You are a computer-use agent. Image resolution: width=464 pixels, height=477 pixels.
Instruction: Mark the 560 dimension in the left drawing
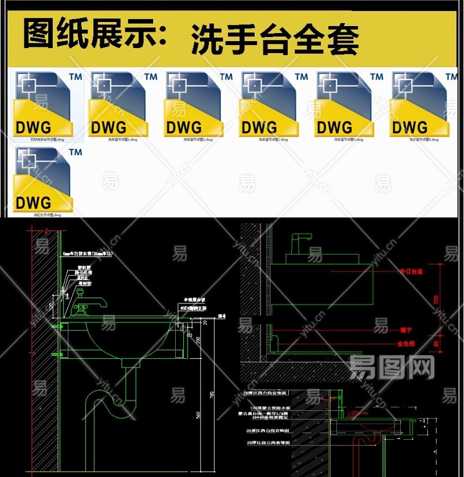[198, 414]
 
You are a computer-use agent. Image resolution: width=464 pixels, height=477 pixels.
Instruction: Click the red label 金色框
[406, 343]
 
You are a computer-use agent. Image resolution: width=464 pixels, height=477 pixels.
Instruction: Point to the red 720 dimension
[436, 299]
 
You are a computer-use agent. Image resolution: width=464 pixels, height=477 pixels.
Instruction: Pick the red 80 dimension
[436, 343]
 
